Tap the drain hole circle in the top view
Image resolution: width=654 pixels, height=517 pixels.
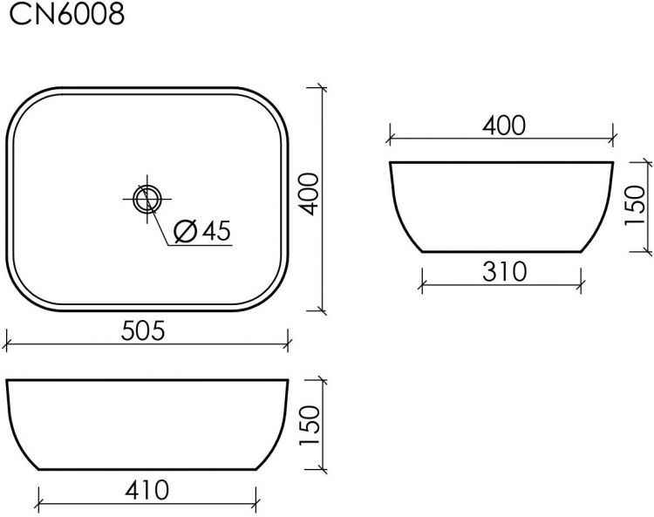pyautogui.click(x=146, y=199)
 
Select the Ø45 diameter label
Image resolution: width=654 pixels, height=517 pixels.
pyautogui.click(x=201, y=231)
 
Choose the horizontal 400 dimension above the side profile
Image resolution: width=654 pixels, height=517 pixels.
pyautogui.click(x=503, y=126)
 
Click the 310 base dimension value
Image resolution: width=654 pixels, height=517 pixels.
pyautogui.click(x=503, y=272)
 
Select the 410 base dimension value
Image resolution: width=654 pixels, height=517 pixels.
pyautogui.click(x=146, y=490)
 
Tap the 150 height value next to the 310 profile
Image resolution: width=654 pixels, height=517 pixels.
pyautogui.click(x=636, y=206)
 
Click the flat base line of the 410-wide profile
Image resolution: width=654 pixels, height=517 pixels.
pyautogui.click(x=146, y=472)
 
